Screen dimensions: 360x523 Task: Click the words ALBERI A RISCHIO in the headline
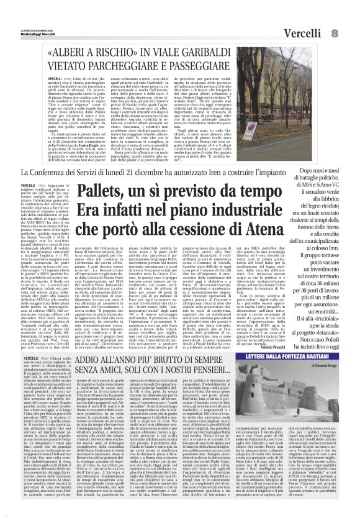pos(93,53)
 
